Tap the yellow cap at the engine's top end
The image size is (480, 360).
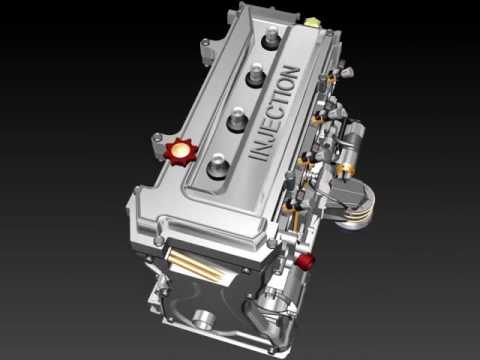point(312,23)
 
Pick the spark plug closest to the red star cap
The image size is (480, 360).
point(218,166)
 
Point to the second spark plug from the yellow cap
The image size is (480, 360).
point(256,76)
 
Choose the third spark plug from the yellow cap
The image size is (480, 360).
point(237,119)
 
